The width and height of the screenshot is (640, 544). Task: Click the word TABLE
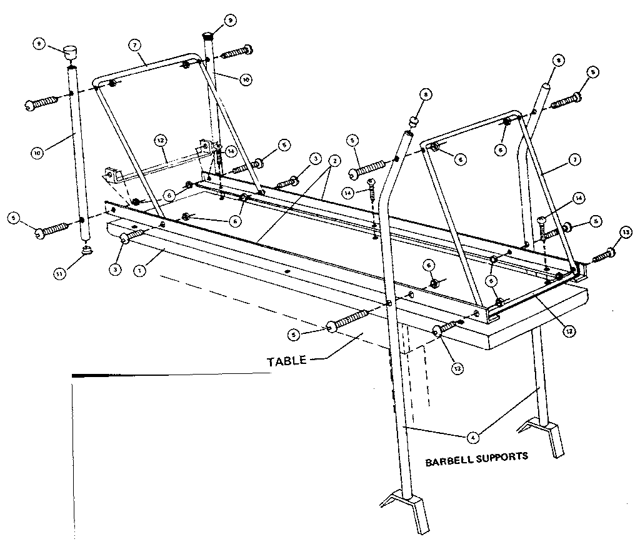(287, 361)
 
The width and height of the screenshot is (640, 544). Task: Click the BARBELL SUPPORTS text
(476, 456)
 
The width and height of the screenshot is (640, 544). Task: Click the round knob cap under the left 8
(413, 119)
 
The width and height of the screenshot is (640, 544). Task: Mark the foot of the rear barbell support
(544, 433)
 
